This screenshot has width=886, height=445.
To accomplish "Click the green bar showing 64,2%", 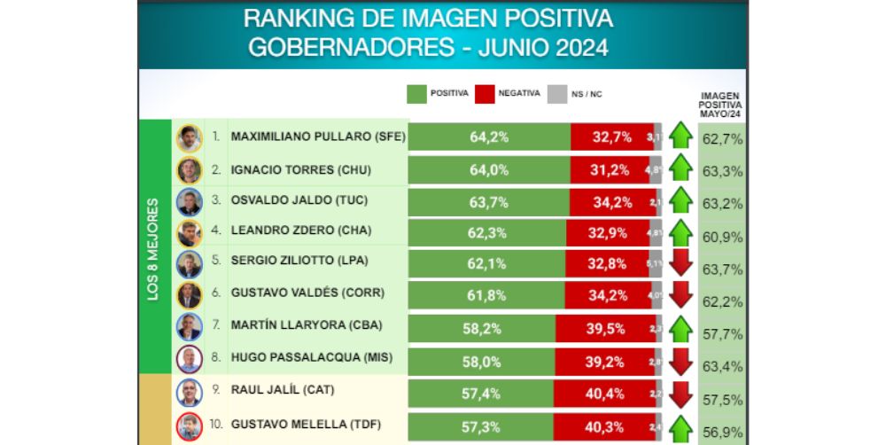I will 489,137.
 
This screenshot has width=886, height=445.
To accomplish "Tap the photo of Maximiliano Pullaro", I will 189,138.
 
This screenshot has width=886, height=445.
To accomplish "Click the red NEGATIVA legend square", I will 485,94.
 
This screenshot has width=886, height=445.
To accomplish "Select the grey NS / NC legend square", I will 556,94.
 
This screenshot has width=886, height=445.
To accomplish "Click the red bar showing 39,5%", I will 606,328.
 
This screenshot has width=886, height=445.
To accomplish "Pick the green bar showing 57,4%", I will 482,392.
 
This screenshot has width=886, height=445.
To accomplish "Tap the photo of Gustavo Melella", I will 189,425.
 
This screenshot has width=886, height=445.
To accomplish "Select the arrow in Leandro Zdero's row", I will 680,232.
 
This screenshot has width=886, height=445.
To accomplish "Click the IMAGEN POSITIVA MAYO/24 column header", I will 719,105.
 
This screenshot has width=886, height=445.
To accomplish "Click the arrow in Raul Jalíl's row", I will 680,393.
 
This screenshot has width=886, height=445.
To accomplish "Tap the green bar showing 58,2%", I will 482,328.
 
